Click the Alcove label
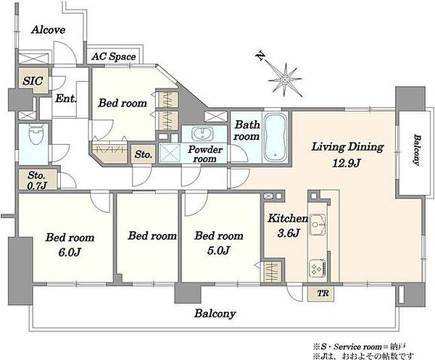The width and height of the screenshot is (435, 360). (x=48, y=30)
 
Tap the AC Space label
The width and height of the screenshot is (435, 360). (x=114, y=56)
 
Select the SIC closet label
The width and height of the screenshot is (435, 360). (x=33, y=81)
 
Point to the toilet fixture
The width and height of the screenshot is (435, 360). (x=37, y=135)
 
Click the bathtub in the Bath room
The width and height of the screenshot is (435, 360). (x=275, y=137)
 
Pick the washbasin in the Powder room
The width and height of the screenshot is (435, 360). (x=202, y=135)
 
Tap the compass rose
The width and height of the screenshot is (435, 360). (x=285, y=80)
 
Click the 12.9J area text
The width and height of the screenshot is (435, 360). (x=347, y=163)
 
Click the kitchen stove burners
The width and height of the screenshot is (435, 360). (x=317, y=268)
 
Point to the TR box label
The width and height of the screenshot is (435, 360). (x=323, y=293)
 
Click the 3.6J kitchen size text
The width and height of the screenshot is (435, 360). (x=288, y=233)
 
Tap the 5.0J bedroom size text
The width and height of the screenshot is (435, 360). (x=218, y=251)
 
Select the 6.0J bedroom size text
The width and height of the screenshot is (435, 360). (x=70, y=252)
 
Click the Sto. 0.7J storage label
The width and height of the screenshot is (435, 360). (x=37, y=180)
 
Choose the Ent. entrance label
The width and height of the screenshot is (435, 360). (x=65, y=99)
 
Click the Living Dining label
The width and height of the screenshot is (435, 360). (x=347, y=147)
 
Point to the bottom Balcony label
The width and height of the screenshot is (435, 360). (x=215, y=314)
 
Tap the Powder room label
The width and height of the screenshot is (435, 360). (x=205, y=154)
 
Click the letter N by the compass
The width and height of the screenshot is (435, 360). (x=261, y=56)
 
